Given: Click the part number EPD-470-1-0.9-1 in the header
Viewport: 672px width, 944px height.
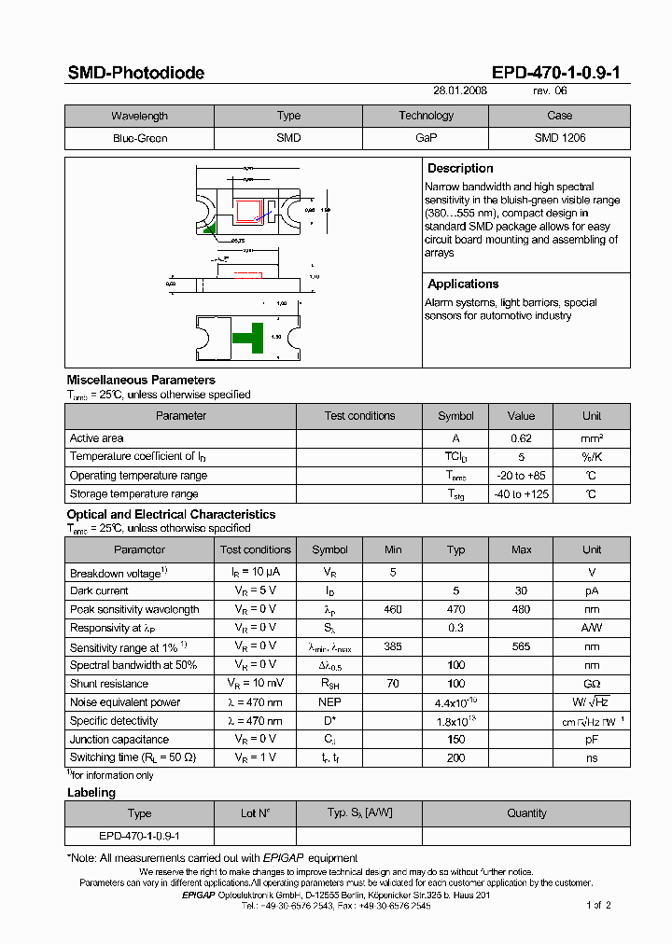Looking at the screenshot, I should pos(555,73).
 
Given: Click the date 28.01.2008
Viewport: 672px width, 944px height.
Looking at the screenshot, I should pos(460,91).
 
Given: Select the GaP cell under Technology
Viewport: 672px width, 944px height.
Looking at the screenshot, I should pos(426,138).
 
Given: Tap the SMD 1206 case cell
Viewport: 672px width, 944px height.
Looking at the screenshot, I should pos(559,138).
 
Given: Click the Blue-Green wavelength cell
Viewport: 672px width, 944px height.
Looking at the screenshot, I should pos(139,138).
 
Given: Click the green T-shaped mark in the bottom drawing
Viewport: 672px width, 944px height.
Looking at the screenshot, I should pos(248,338).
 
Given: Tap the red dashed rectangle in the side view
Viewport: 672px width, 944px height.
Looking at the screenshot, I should pos(248,274).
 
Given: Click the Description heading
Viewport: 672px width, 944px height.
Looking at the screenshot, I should pos(460,169).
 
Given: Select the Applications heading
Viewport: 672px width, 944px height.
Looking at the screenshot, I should pos(463,285).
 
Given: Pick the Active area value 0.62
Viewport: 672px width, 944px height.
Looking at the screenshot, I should pos(521,438).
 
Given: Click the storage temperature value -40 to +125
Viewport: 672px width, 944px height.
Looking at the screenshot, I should pos(521,494).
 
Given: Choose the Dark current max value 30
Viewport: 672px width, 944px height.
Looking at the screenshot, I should pos(521,590).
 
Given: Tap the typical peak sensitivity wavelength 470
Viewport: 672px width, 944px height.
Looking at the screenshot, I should pos(455,609).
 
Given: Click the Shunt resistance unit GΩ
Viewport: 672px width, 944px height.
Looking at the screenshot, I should pos(592,684).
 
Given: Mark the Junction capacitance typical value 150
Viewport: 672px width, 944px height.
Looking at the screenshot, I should pos(455,740).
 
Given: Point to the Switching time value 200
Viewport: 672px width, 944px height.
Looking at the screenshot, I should pos(455,758).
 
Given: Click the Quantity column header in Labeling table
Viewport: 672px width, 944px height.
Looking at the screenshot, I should pos(526,813).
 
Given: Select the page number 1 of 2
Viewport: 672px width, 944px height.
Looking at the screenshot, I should pos(598,905).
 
